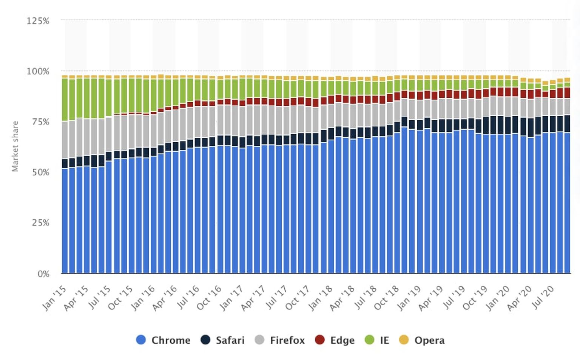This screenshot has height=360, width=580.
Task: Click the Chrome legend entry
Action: tap(163, 340)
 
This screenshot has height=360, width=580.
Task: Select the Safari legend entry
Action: tap(222, 340)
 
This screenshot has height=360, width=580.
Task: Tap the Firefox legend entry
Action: tap(279, 340)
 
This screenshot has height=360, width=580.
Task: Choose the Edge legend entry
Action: tap(335, 340)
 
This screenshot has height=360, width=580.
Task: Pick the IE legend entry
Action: tap(377, 340)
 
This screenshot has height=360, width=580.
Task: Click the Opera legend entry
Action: tap(422, 340)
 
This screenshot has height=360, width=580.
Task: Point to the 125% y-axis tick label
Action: tap(38, 21)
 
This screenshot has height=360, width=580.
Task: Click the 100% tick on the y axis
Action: tap(38, 71)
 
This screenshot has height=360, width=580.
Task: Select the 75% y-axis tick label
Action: tap(39, 122)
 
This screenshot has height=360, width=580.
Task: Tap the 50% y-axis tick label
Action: tap(39, 172)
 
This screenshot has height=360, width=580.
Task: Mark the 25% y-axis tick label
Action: tap(39, 223)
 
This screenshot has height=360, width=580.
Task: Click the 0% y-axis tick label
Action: tap(43, 274)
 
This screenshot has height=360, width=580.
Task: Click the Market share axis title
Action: tap(15, 146)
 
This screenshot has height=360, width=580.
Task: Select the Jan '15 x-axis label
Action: tap(54, 298)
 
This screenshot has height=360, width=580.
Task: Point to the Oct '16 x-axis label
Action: tap(209, 298)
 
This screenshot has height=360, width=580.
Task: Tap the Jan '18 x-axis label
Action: tap(320, 298)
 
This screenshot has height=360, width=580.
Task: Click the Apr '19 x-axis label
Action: tap(431, 298)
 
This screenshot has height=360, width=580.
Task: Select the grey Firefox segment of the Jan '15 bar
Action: tap(65, 140)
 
